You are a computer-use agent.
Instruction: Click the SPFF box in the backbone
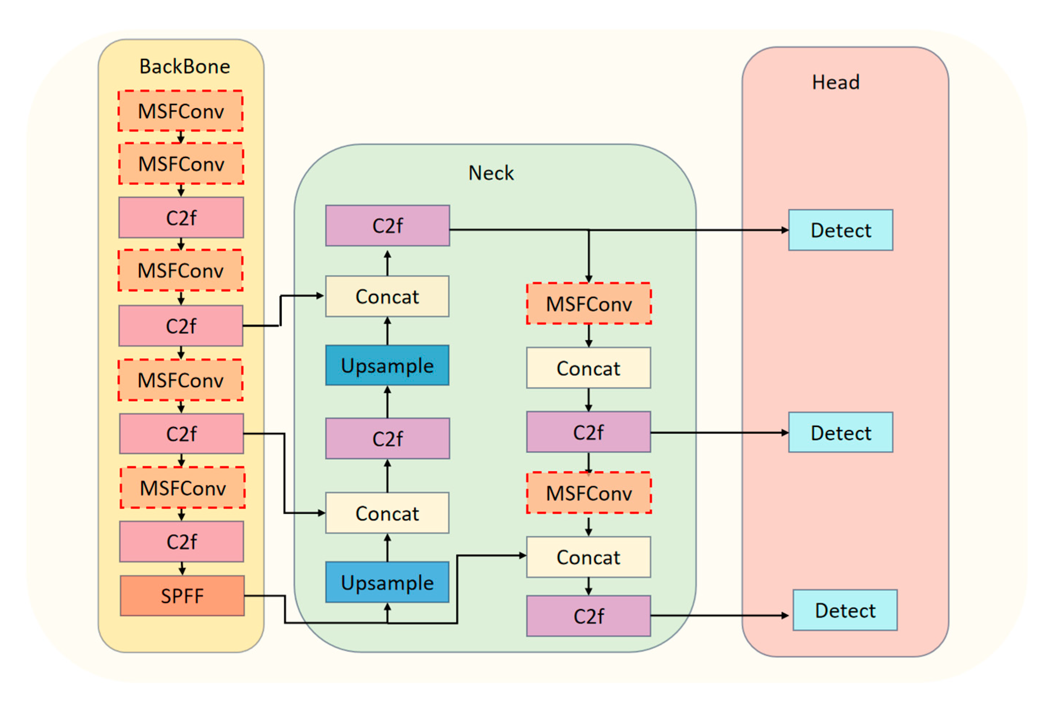pyautogui.click(x=182, y=595)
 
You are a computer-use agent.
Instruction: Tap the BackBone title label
pyautogui.click(x=185, y=67)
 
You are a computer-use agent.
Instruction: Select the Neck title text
pyautogui.click(x=491, y=173)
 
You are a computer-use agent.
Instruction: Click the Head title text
pyautogui.click(x=835, y=82)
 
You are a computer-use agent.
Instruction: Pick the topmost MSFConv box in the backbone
pyautogui.click(x=181, y=111)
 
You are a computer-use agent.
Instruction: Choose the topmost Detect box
pyautogui.click(x=840, y=230)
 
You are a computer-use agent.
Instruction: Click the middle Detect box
pyautogui.click(x=840, y=433)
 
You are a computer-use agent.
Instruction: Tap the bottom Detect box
pyautogui.click(x=845, y=610)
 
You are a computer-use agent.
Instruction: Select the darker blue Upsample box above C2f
pyautogui.click(x=387, y=365)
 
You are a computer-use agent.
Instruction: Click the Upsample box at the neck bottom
pyautogui.click(x=387, y=582)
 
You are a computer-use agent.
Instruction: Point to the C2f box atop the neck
pyautogui.click(x=387, y=225)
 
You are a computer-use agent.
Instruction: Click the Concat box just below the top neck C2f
pyautogui.click(x=387, y=296)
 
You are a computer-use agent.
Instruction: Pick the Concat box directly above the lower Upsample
pyautogui.click(x=387, y=513)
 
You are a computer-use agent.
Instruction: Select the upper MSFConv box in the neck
pyautogui.click(x=588, y=304)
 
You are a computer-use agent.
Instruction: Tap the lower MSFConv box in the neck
pyautogui.click(x=588, y=493)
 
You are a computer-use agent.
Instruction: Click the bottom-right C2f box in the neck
pyautogui.click(x=588, y=616)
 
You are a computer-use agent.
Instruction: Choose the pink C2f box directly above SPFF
pyautogui.click(x=181, y=541)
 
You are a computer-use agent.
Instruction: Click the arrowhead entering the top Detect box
pyautogui.click(x=785, y=230)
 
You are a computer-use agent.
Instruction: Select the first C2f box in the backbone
pyautogui.click(x=181, y=218)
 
